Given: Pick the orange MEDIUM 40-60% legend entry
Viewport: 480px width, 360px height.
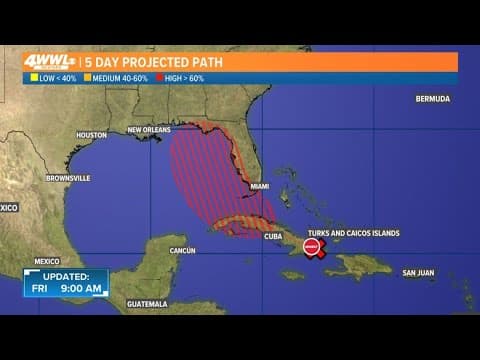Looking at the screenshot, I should point(114,77).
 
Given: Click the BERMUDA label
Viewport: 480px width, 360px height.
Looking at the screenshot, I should point(432,98).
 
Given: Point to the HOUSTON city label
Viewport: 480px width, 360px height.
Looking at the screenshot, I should point(91,134).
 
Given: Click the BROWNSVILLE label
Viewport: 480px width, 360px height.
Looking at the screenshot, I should point(68,178).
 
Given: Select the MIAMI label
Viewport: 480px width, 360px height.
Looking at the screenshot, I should point(260,186).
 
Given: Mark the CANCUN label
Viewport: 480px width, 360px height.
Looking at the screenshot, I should point(182,249).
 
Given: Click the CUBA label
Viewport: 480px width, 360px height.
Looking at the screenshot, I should point(272,237).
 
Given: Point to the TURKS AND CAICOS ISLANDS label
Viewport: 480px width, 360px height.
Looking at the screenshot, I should point(353,233).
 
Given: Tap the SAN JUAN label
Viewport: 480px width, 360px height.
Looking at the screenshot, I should point(418,273).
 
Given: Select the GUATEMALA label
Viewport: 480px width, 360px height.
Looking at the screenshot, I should point(146,303).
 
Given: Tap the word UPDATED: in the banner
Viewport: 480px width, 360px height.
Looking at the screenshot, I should point(66,275).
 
